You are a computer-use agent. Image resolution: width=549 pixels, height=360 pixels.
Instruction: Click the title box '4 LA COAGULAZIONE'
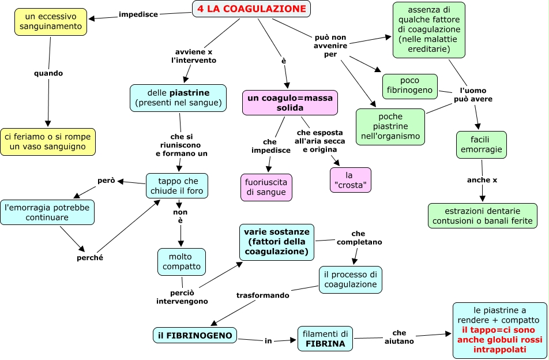click(251, 9)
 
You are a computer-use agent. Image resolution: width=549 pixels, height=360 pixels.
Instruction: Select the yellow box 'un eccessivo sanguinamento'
click(50, 21)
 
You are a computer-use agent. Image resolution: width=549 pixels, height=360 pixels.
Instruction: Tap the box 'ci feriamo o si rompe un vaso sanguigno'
click(48, 142)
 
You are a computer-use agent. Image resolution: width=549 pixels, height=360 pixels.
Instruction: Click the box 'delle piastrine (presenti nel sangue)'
click(178, 98)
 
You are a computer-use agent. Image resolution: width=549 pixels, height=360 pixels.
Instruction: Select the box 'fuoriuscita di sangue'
click(266, 187)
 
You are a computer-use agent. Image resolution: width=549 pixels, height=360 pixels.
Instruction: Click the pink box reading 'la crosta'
click(350, 180)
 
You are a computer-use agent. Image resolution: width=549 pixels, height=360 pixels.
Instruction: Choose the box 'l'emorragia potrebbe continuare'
click(47, 212)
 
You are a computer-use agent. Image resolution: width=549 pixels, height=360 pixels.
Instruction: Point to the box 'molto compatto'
click(182, 262)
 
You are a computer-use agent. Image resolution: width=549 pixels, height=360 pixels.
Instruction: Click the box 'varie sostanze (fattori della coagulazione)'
click(277, 242)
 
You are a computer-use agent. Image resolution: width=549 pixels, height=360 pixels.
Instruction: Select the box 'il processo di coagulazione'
click(351, 279)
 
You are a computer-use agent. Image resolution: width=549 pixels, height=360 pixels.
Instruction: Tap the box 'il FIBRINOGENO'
click(195, 335)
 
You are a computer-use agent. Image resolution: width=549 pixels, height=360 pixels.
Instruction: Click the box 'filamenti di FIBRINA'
click(325, 339)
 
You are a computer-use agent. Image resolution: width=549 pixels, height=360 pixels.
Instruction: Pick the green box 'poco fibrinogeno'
click(410, 86)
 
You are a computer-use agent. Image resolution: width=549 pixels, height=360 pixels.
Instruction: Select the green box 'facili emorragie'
click(481, 145)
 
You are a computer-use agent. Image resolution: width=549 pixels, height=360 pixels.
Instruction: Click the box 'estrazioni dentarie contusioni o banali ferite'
click(483, 216)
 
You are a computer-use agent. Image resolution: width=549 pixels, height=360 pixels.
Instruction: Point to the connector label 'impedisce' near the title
click(138, 14)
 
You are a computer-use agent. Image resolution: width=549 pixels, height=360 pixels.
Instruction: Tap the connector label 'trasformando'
click(263, 295)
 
